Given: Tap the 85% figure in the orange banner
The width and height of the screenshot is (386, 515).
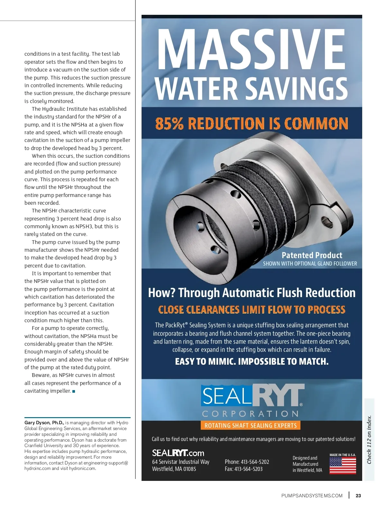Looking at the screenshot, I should tap(169, 124).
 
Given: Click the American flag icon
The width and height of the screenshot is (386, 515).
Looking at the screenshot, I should tap(343, 465).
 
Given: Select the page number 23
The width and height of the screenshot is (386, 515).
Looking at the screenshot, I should tap(358, 496).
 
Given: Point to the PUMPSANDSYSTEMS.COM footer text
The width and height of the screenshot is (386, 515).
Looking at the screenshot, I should tap(312, 496).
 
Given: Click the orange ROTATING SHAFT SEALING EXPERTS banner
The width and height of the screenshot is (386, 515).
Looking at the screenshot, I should tap(251, 426).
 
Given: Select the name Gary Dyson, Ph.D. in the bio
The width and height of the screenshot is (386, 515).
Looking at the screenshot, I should tap(44, 423).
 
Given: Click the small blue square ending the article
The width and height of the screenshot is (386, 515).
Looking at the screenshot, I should tap(74, 391).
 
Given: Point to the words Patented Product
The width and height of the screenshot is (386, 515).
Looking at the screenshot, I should tap(312, 255).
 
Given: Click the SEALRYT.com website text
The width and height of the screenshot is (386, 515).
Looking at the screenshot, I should tap(178, 453).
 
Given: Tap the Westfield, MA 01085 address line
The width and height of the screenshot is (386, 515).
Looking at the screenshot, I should tap(174, 469).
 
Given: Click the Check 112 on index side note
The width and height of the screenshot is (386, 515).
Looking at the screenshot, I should tap(369, 440).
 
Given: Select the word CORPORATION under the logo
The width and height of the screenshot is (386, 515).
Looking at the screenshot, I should tap(250, 414).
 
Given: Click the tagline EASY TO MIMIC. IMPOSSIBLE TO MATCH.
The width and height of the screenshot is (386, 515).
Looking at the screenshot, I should tap(252, 361).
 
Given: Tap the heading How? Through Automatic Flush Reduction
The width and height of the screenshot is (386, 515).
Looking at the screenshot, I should tap(252, 293).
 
